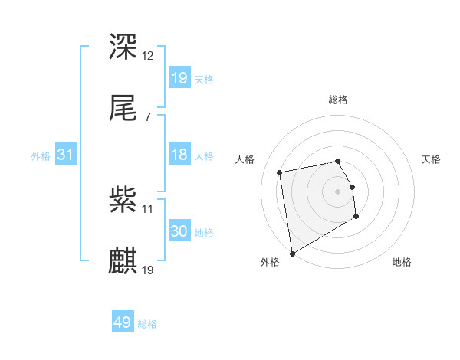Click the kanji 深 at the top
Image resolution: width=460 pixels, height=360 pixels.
pos(123,47)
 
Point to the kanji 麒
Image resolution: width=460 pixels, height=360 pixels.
pos(123,260)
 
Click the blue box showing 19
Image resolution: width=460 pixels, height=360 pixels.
pos(179,77)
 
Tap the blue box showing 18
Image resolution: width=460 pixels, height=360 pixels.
pos(179,155)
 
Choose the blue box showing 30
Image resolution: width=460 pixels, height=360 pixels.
pos(179,231)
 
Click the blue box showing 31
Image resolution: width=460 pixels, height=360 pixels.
pos(66,155)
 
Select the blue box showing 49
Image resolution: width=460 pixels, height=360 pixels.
pos(123,322)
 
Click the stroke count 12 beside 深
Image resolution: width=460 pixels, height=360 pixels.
pos(149,55)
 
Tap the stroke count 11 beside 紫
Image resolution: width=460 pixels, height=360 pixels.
pos(148,208)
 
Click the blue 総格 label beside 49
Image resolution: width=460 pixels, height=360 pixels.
pos(147,324)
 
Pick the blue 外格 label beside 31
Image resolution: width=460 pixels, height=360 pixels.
pos(41,156)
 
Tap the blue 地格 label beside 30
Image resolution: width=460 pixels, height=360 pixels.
pos(204,233)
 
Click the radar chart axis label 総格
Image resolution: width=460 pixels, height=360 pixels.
pos(338,100)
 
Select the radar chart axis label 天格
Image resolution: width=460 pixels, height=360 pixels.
pos(432,159)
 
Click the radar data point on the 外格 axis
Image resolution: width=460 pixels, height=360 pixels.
pos(291,254)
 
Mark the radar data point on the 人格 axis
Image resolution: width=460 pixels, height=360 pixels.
pos(280,172)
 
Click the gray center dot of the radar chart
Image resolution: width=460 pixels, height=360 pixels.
pos(338,191)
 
